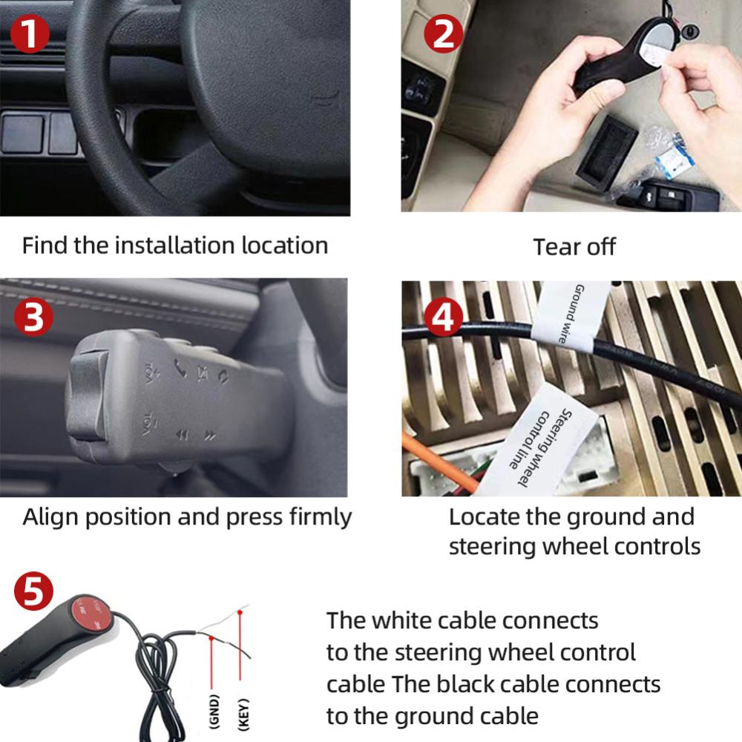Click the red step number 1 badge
[30, 34]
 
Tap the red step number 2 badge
[444, 34]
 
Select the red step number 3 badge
[33, 317]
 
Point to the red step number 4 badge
[444, 317]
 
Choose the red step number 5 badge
[33, 591]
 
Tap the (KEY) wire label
[243, 714]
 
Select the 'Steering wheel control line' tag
[539, 444]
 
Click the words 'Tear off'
[574, 247]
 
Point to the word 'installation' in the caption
[174, 246]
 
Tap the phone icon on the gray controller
[180, 368]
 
